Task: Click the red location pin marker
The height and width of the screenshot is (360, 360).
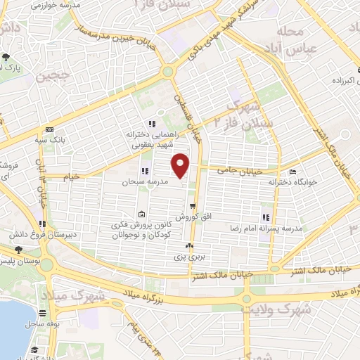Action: pos(181,165)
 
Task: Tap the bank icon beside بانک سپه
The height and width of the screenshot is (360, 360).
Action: pos(49,130)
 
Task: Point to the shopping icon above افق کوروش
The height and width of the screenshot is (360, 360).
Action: pos(193,206)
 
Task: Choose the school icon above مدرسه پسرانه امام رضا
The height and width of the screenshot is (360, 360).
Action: pos(266,218)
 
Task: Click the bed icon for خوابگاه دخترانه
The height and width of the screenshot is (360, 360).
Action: pos(293,172)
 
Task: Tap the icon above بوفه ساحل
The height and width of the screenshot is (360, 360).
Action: pos(43,314)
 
